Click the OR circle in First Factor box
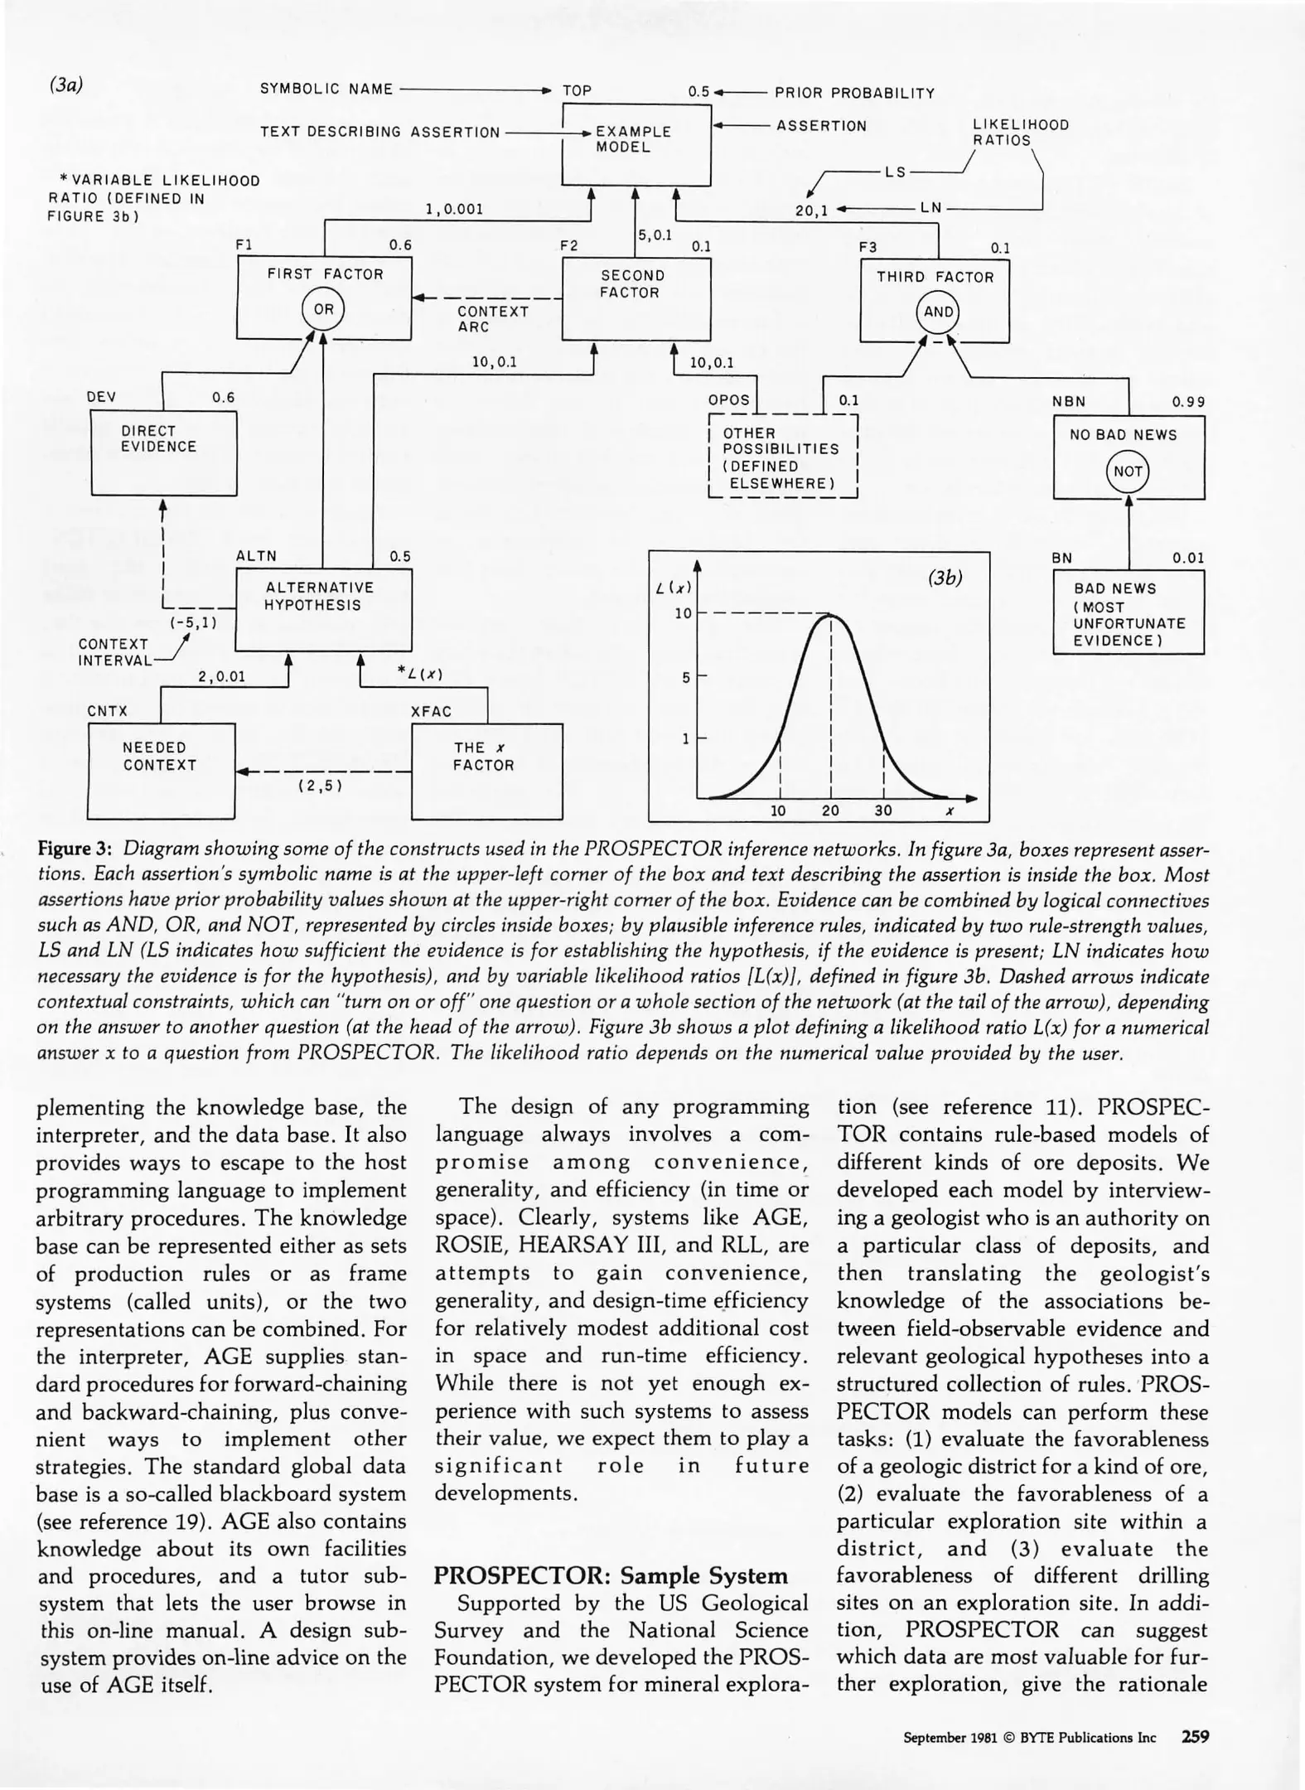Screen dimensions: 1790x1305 pyautogui.click(x=323, y=310)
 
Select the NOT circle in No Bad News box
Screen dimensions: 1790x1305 pyautogui.click(x=1128, y=472)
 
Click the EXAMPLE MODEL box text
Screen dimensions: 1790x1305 pyautogui.click(x=634, y=139)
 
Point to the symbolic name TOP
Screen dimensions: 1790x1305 pyautogui.click(x=577, y=91)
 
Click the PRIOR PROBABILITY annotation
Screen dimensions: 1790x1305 pyautogui.click(x=854, y=93)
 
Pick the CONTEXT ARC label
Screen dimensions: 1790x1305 pyautogui.click(x=492, y=319)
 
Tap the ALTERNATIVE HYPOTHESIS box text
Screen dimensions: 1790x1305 pyautogui.click(x=319, y=596)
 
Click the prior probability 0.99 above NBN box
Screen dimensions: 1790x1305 pyautogui.click(x=1187, y=402)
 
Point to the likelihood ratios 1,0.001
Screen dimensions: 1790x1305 pyautogui.click(x=453, y=210)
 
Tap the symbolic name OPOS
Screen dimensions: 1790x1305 pyautogui.click(x=728, y=400)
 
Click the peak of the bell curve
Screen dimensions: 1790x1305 pyautogui.click(x=830, y=614)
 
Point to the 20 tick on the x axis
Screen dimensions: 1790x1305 pyautogui.click(x=830, y=810)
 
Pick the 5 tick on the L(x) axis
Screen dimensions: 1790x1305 pyautogui.click(x=686, y=677)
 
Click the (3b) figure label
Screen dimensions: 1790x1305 pyautogui.click(x=945, y=578)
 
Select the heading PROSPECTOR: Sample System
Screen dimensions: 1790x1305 pyautogui.click(x=611, y=1575)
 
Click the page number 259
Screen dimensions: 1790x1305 pyautogui.click(x=1195, y=1736)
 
